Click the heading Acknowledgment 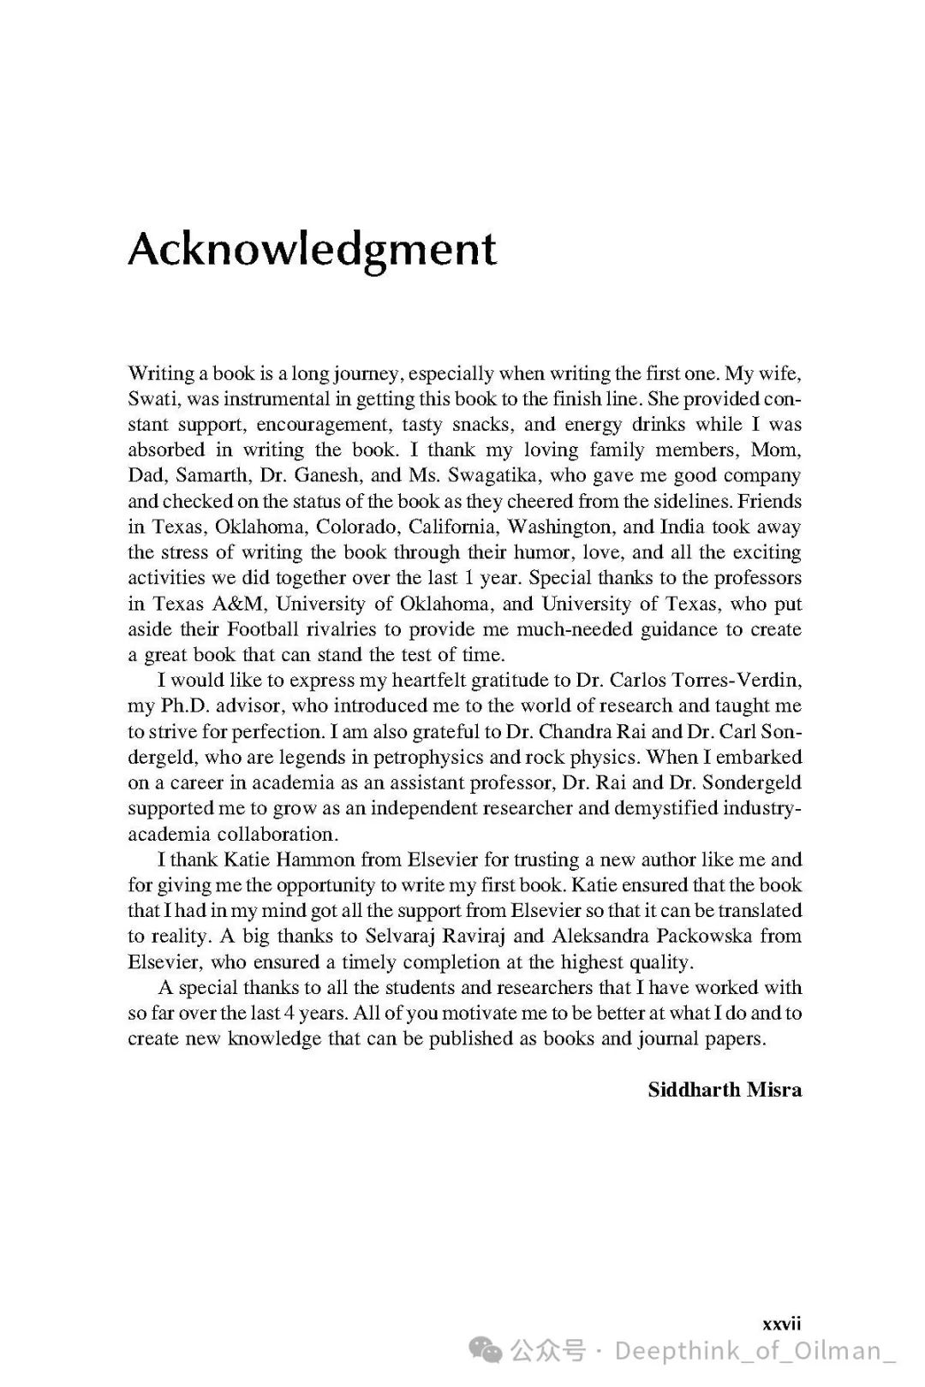(312, 249)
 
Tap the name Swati (151, 399)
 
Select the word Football (266, 630)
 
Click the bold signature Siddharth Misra (725, 1090)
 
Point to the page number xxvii (781, 1324)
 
